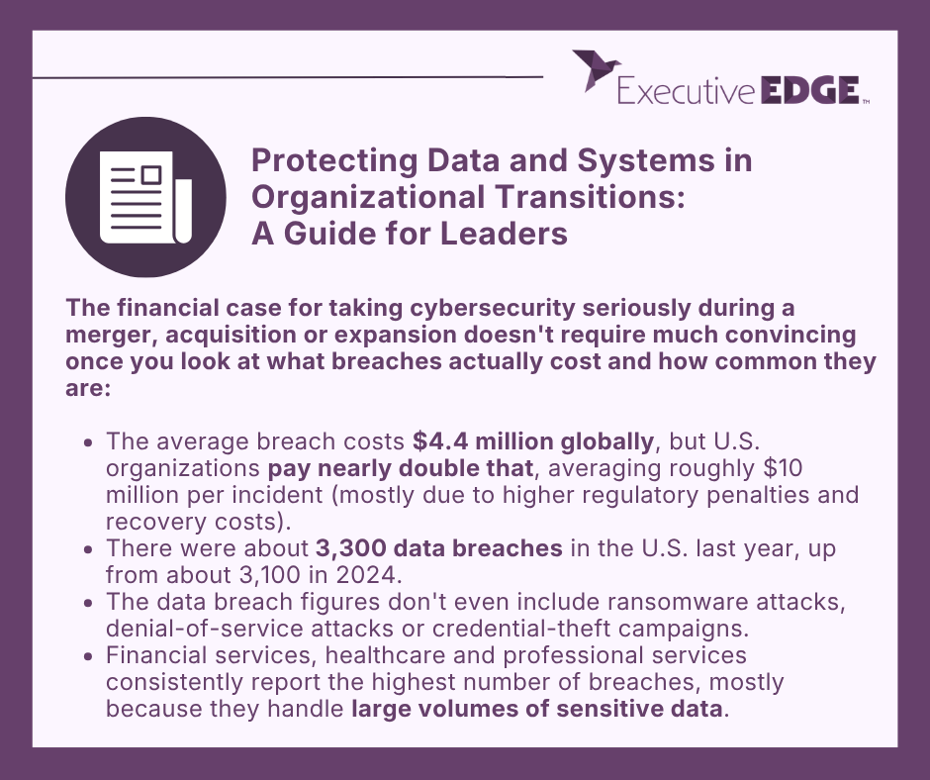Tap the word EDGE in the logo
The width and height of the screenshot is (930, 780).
point(809,92)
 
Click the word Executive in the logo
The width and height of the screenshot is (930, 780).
point(687,92)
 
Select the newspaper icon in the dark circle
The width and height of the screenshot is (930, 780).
point(145,196)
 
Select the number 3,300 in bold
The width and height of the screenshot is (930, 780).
point(359,547)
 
